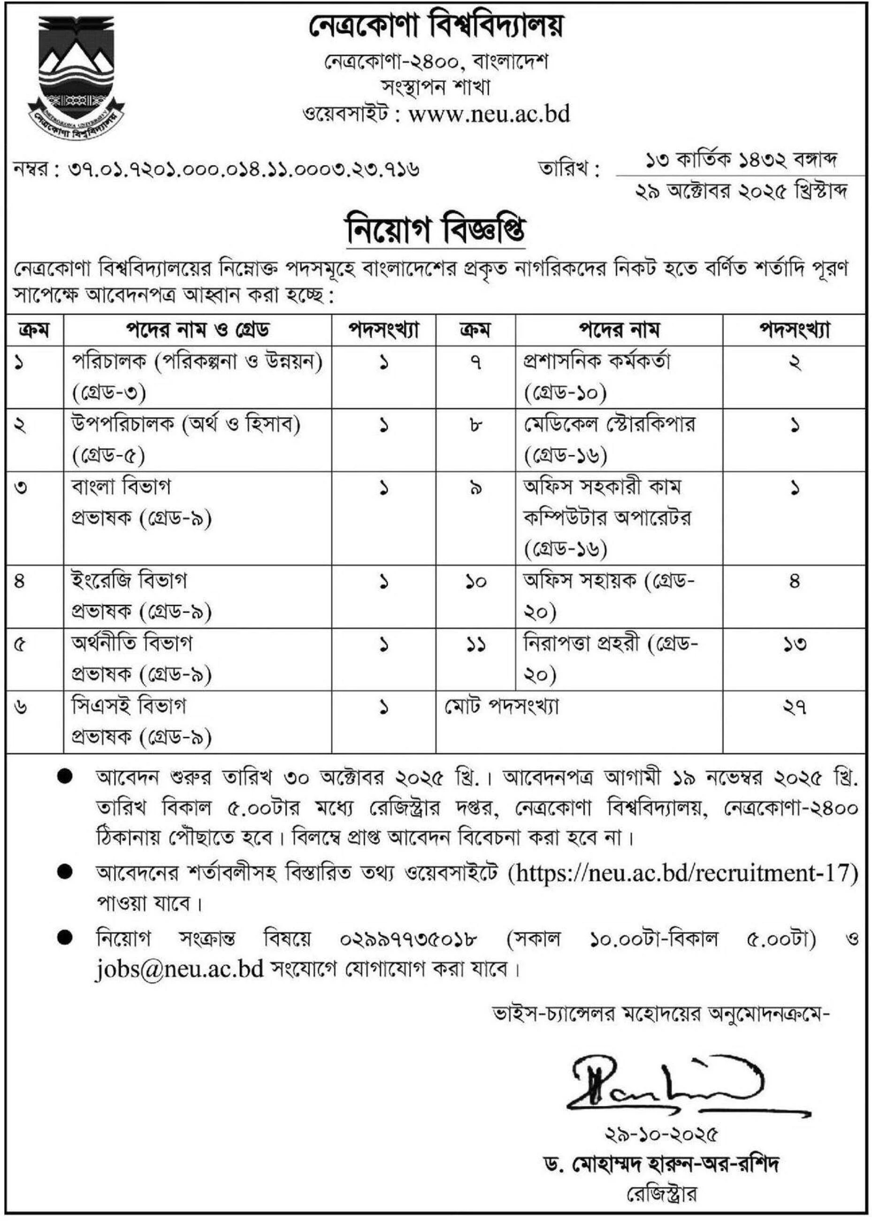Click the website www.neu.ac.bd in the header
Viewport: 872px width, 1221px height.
(489, 114)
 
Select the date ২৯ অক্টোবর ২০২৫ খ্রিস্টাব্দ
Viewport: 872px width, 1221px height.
(741, 191)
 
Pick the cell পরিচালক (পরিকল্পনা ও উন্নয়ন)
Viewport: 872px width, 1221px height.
(198, 362)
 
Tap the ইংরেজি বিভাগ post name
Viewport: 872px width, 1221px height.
(130, 581)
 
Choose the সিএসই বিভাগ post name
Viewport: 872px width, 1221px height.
(129, 706)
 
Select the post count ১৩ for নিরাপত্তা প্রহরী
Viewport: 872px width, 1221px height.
(795, 644)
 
